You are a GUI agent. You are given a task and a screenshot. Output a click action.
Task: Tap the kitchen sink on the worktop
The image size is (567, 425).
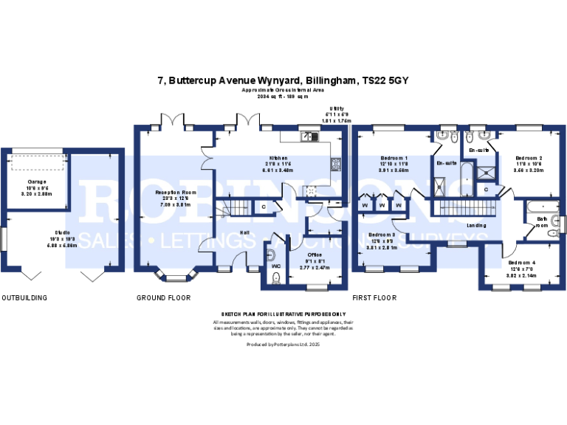click(x=309, y=136)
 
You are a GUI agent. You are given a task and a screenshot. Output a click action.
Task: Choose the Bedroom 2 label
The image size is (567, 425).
click(x=529, y=159)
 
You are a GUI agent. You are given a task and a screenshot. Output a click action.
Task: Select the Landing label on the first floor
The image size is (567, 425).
click(x=476, y=225)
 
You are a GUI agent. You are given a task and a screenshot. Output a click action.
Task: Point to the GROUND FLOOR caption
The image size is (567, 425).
click(x=163, y=298)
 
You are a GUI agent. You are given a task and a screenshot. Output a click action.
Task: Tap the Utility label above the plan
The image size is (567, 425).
click(x=336, y=109)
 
